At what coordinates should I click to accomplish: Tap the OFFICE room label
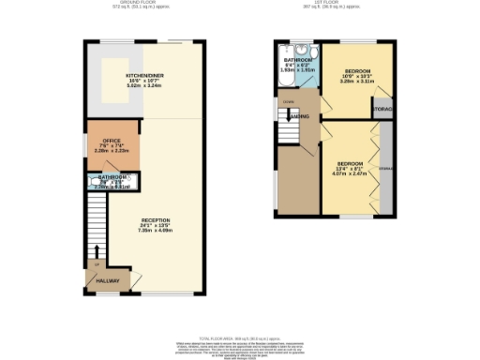coord(98,142)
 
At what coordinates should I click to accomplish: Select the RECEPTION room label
coord(157,219)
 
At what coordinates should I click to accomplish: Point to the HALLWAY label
coord(109,280)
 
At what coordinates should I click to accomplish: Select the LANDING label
coord(299,116)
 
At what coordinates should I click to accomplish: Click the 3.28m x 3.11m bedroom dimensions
coord(357,82)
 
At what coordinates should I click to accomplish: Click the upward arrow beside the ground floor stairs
coord(94,250)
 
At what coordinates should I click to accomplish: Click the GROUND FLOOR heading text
coord(146,5)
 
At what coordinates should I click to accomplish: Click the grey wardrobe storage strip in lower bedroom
coord(383,169)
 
